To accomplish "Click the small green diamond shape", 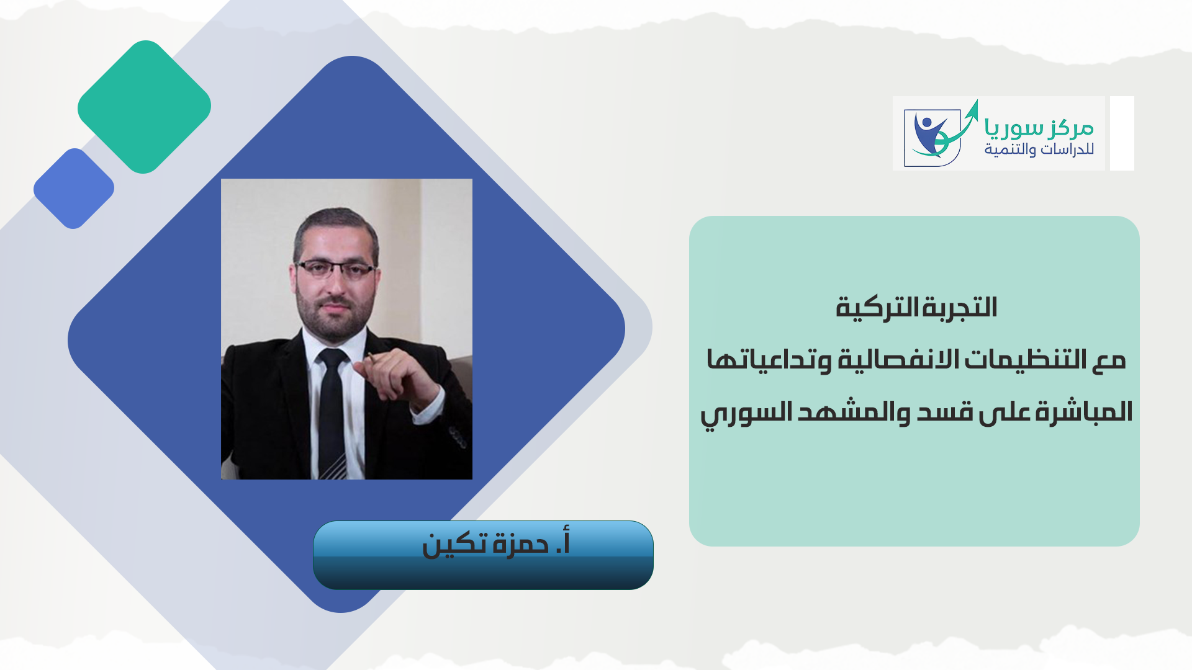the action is pyautogui.click(x=144, y=107).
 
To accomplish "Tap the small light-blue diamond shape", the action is pyautogui.click(x=74, y=189).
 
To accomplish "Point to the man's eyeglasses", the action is pyautogui.click(x=336, y=269).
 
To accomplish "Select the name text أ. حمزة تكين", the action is pyautogui.click(x=495, y=543).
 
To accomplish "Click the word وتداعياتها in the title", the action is pyautogui.click(x=769, y=360).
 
